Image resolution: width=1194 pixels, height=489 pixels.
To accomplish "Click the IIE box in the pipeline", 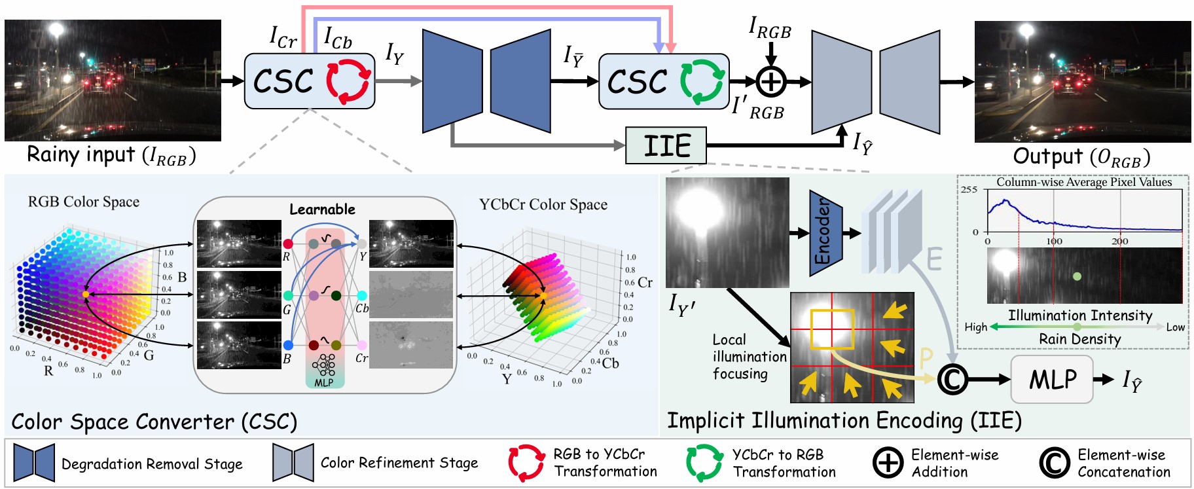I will (x=666, y=145).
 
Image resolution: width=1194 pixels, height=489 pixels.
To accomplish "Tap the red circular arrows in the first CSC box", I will (x=348, y=82).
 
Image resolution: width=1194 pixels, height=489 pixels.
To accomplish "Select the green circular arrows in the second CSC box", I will (x=702, y=82).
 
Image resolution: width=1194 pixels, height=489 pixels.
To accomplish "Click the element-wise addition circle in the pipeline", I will (x=770, y=82).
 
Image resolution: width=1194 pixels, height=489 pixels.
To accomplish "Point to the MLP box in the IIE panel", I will (x=1051, y=379).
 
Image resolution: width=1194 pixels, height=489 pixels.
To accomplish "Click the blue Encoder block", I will (x=824, y=232).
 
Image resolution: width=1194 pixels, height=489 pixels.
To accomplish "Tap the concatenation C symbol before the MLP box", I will (x=952, y=379).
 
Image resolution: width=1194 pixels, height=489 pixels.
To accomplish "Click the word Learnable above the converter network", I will (x=322, y=209).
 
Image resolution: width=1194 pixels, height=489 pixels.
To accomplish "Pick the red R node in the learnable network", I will (x=288, y=244).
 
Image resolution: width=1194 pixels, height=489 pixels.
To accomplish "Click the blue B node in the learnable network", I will (x=288, y=345).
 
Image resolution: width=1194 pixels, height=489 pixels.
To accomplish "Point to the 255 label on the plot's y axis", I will (x=969, y=190).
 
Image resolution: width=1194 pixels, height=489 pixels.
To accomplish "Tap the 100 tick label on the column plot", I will (x=1054, y=242).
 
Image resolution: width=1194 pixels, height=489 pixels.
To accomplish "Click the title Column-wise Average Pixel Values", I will (x=1084, y=182).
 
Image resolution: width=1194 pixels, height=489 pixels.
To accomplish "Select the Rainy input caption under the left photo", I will (x=111, y=156).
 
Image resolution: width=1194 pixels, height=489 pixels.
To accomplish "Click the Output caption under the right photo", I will (x=1081, y=157).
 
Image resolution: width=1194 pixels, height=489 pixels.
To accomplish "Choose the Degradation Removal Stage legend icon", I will (x=34, y=463).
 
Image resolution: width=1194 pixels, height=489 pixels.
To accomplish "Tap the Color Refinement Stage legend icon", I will (x=293, y=463).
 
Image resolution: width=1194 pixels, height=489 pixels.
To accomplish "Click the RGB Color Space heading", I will (x=84, y=202).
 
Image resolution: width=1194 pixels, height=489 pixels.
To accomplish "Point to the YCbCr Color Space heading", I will (x=543, y=204).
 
